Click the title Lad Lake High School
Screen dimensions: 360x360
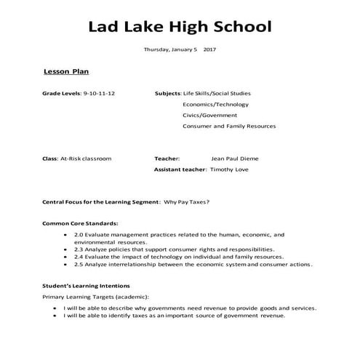(x=180, y=28)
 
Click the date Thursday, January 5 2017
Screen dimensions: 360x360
(x=179, y=49)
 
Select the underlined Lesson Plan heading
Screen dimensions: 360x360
(x=66, y=73)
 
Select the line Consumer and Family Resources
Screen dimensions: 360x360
(x=229, y=126)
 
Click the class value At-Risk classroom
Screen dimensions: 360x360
(x=87, y=158)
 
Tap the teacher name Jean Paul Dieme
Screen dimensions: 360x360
(x=234, y=158)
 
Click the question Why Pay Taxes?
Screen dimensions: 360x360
(x=187, y=201)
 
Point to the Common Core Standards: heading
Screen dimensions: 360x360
(x=80, y=223)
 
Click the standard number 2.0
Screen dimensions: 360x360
(x=79, y=234)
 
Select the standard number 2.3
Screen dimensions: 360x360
(x=79, y=249)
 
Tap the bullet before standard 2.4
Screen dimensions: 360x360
(x=66, y=257)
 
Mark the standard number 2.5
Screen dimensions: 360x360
(x=79, y=264)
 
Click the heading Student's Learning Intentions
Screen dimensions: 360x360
(x=86, y=286)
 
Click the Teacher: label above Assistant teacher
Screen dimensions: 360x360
(x=168, y=158)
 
